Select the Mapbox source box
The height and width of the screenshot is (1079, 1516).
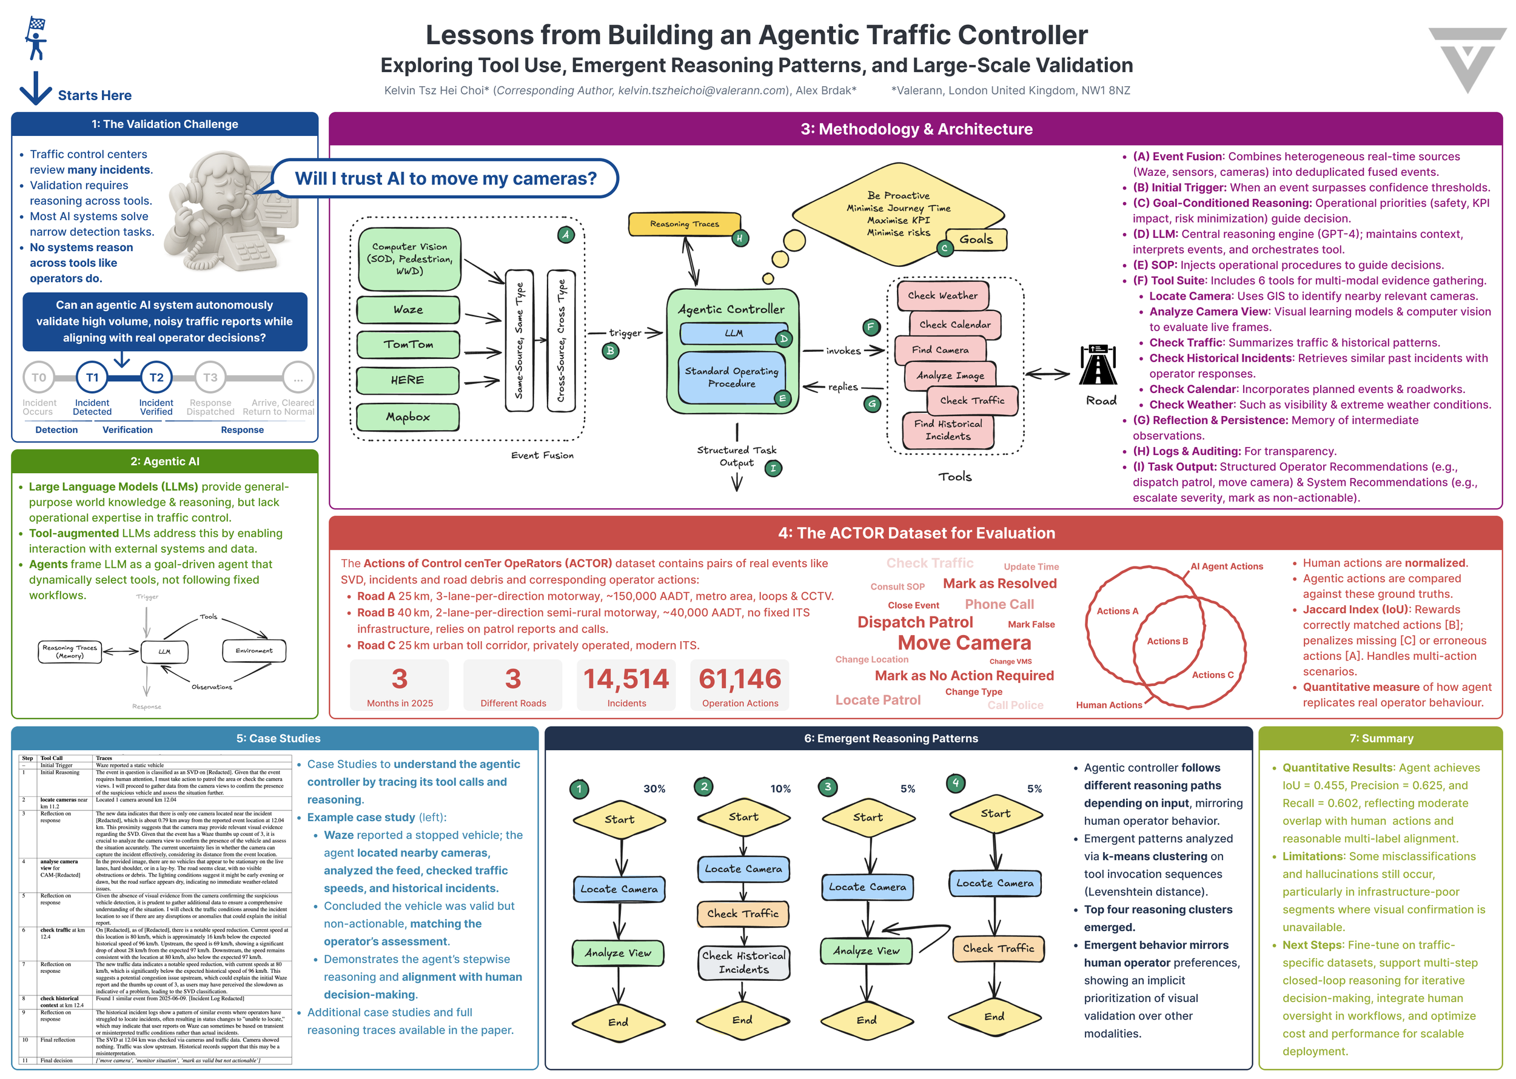coord(408,417)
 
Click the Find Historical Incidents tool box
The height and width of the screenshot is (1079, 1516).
coord(948,431)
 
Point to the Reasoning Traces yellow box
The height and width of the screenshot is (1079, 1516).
coord(684,224)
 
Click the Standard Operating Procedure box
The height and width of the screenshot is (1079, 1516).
coord(731,377)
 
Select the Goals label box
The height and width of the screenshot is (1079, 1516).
coord(976,239)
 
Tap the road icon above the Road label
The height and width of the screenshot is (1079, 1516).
coord(1098,365)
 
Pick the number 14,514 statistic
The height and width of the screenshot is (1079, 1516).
coord(626,679)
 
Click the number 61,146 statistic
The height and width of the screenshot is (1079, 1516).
coord(739,679)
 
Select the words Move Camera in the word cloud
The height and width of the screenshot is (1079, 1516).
coord(964,643)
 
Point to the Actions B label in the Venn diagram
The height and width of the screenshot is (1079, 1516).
coord(1167,641)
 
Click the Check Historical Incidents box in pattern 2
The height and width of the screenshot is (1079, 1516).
coord(743,963)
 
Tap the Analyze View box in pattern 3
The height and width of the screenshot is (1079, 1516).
coord(867,951)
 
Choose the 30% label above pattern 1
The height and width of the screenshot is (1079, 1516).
coord(654,788)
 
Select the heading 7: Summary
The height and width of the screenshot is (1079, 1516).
coord(1381,738)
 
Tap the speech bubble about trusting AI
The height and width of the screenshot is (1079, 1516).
coord(445,178)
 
